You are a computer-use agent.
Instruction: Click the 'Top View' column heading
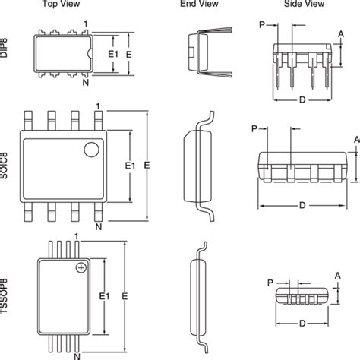58,5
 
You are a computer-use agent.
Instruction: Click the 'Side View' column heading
302,5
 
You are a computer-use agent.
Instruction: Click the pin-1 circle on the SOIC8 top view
91,148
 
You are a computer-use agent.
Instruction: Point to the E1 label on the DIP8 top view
111,54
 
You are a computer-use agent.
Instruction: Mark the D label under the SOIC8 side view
303,204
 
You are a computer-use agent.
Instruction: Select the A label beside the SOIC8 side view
356,139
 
